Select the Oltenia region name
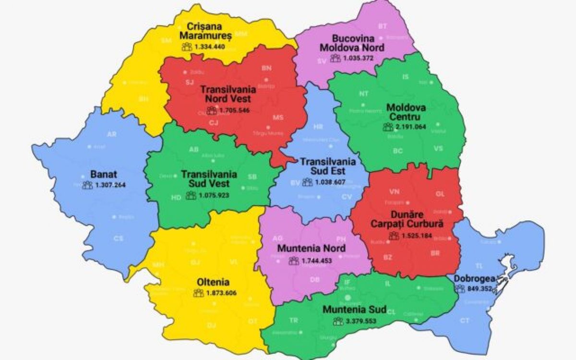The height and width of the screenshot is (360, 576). [213, 282]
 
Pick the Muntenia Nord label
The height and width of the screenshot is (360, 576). [311, 249]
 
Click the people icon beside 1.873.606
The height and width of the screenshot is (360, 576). [198, 293]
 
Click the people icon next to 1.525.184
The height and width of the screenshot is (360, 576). [394, 236]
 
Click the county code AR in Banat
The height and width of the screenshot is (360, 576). [112, 134]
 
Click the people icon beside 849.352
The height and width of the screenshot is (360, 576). [460, 289]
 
